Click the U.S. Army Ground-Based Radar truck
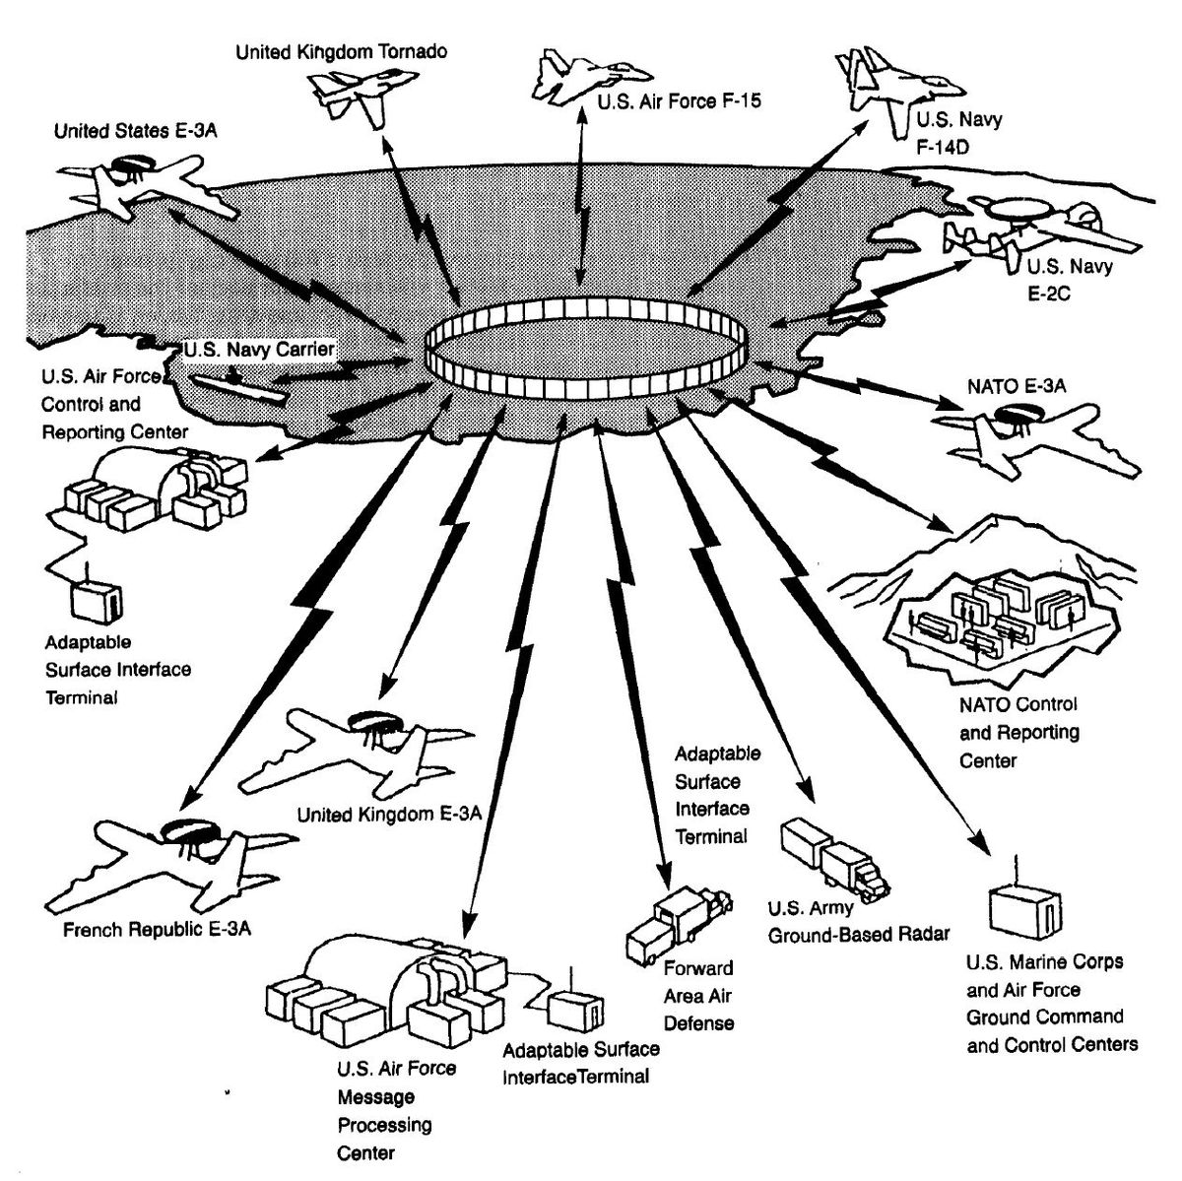tap(832, 857)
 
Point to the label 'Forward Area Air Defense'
tap(698, 995)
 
